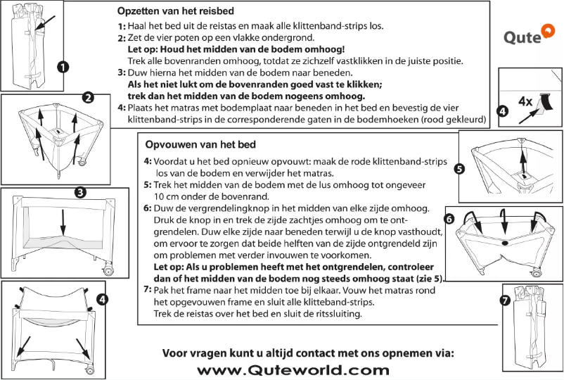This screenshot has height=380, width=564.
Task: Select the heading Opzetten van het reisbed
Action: (175, 12)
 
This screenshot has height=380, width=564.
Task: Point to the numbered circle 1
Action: (63, 68)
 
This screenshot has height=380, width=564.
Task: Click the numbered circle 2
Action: (88, 98)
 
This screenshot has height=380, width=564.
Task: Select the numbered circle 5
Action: (459, 169)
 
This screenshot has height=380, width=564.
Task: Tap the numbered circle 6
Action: (450, 218)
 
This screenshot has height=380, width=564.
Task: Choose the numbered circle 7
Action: (505, 300)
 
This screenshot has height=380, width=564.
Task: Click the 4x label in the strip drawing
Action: (524, 101)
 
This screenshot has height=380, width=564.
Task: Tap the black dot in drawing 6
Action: (504, 243)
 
